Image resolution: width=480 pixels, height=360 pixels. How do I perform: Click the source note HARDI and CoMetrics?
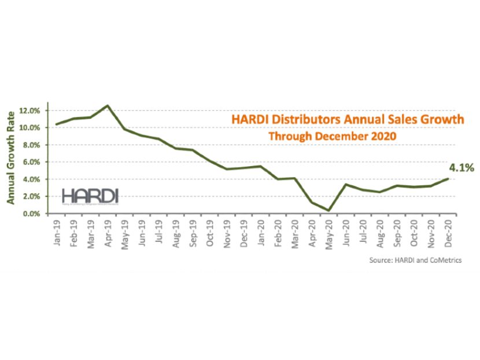(415, 260)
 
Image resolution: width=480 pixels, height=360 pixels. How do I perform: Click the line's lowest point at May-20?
(329, 210)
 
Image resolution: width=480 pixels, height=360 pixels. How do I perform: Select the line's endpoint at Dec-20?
(448, 179)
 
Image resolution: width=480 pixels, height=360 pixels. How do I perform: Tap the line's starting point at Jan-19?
(57, 124)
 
